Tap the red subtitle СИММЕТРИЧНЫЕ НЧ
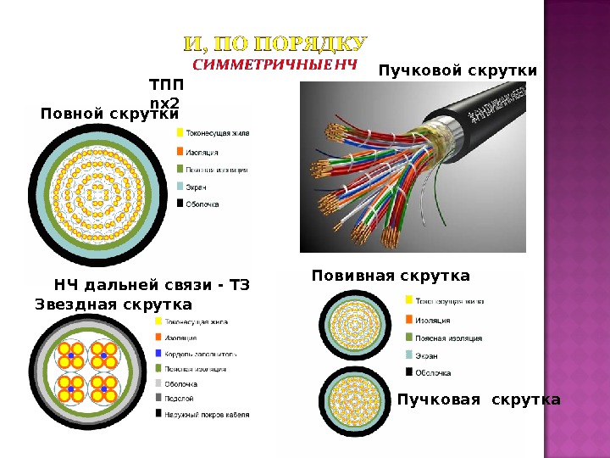[x=275, y=64]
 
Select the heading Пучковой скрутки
[x=457, y=71]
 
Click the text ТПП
[x=165, y=86]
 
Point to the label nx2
[x=165, y=103]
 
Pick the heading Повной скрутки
[x=110, y=113]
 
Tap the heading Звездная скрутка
[x=114, y=304]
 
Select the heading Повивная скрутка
[x=391, y=276]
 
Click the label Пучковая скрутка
[x=479, y=399]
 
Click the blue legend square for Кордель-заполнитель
[x=158, y=353]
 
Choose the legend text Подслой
[x=180, y=398]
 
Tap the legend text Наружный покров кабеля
[x=207, y=413]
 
